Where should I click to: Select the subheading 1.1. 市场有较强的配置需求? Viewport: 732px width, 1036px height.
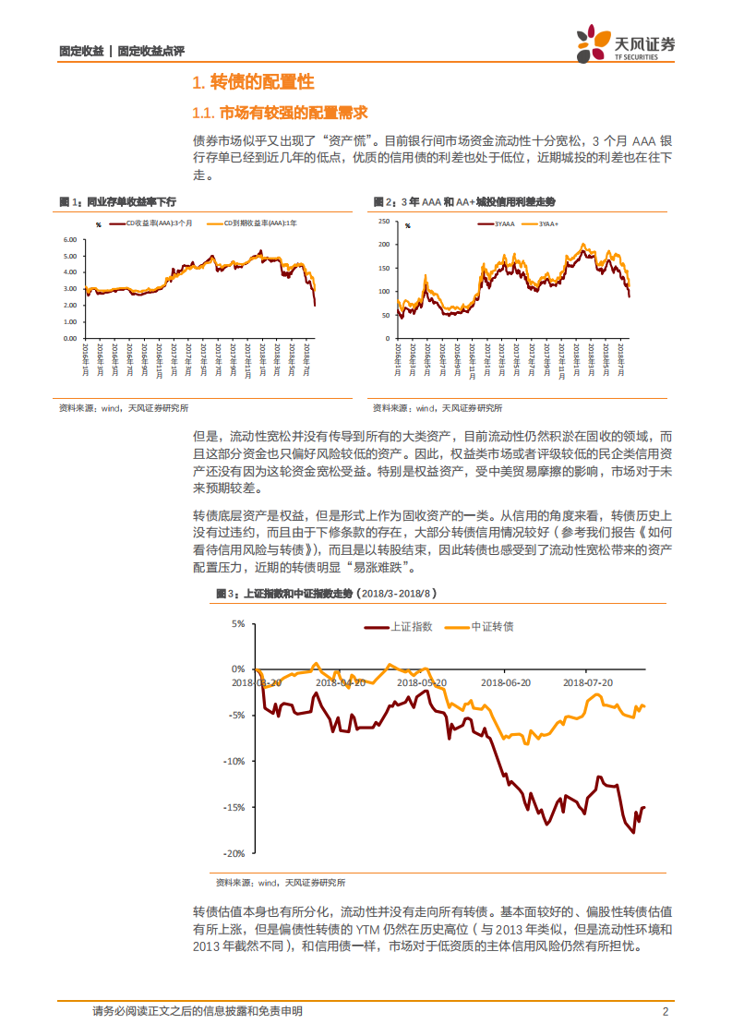pos(279,113)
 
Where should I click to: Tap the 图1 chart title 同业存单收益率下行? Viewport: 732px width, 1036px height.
pos(129,201)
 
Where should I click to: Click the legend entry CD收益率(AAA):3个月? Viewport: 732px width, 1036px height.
pos(148,223)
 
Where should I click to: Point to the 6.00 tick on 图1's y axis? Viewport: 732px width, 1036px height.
pos(70,240)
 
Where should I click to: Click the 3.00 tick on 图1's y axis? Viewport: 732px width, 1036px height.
pos(70,289)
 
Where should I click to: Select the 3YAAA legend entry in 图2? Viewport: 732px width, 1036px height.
pos(502,223)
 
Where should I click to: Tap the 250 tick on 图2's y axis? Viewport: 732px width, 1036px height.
pos(385,222)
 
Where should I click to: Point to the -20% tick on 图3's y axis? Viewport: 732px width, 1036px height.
pos(233,853)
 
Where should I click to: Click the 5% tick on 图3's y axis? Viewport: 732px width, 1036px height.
pos(238,624)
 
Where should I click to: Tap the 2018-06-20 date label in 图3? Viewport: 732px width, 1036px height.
pos(505,682)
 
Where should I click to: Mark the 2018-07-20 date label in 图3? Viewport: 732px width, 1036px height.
pos(588,682)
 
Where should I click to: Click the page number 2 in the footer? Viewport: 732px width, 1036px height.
pos(666,1011)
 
